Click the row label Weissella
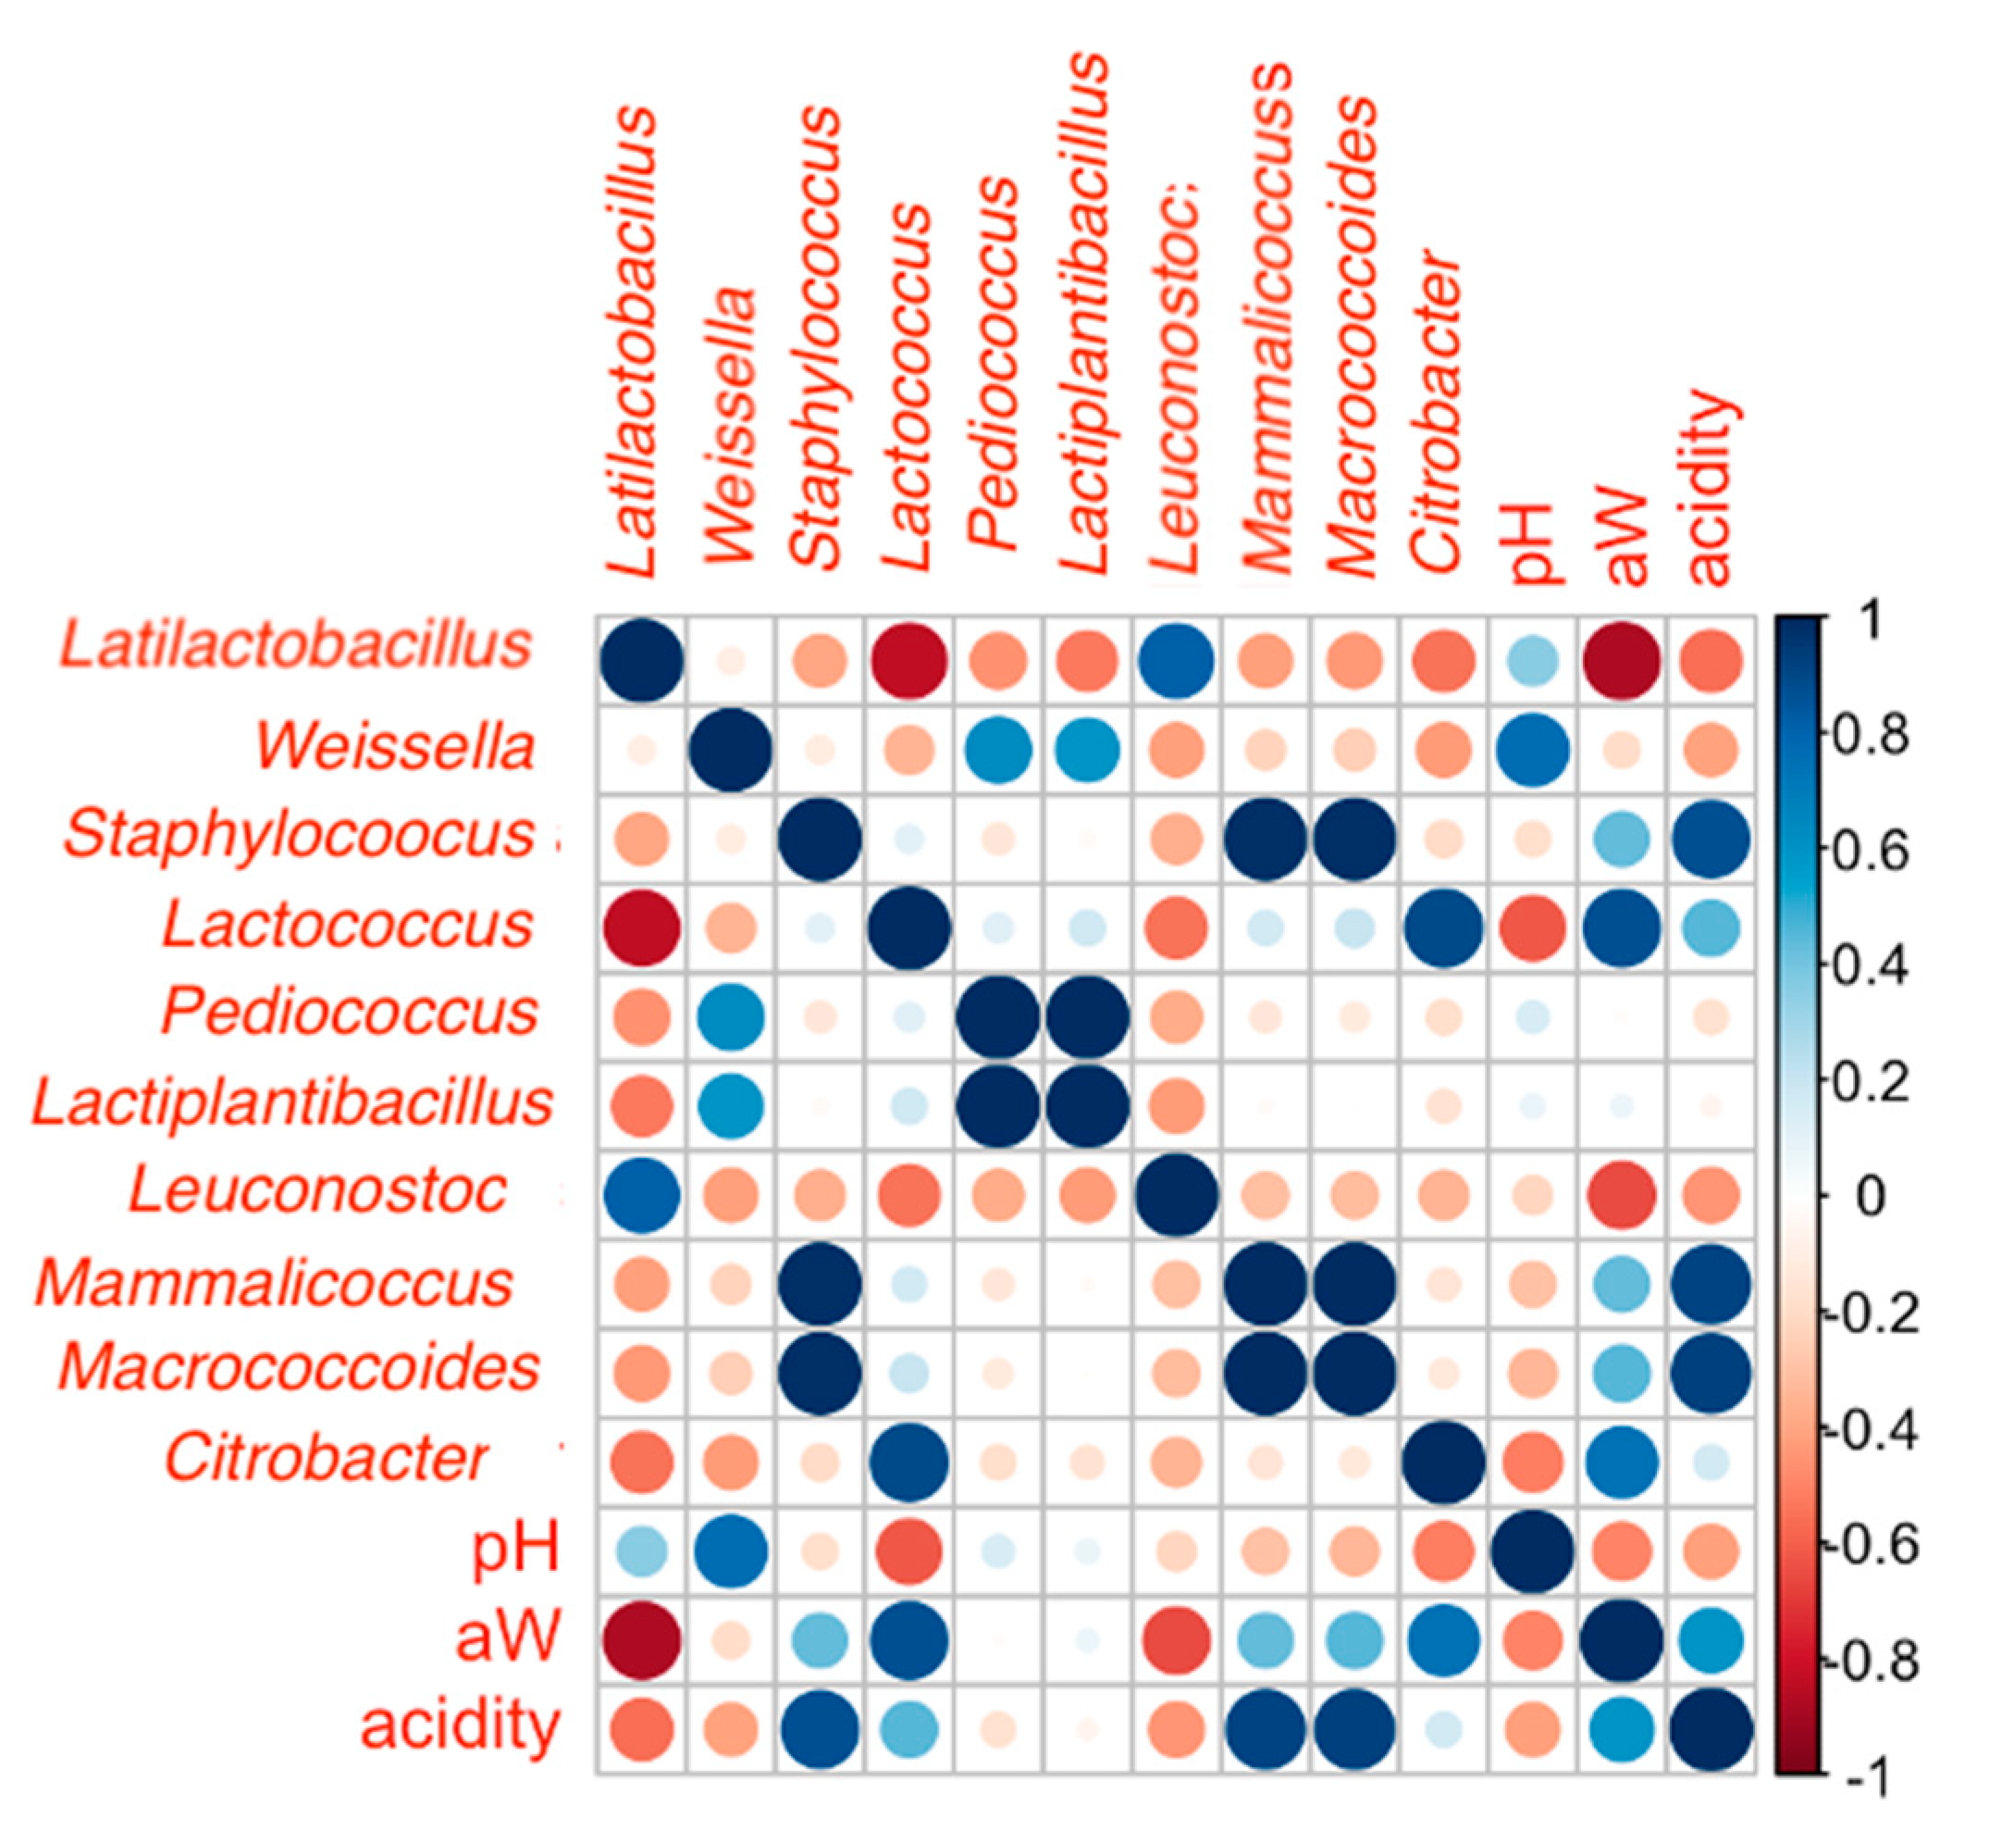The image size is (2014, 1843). (396, 747)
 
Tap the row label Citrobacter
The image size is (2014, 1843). (327, 1458)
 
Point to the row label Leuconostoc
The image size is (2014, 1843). (317, 1191)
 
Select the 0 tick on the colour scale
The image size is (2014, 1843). (1871, 1195)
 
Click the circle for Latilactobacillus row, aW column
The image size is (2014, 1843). (1622, 661)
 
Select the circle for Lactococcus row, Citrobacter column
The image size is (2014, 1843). (1443, 928)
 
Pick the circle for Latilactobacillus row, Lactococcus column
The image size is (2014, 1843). (909, 661)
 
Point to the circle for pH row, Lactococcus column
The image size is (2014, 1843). (909, 1552)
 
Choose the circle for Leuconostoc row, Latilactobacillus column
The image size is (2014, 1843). (641, 1194)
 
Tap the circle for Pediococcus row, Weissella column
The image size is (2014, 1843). (731, 1017)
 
